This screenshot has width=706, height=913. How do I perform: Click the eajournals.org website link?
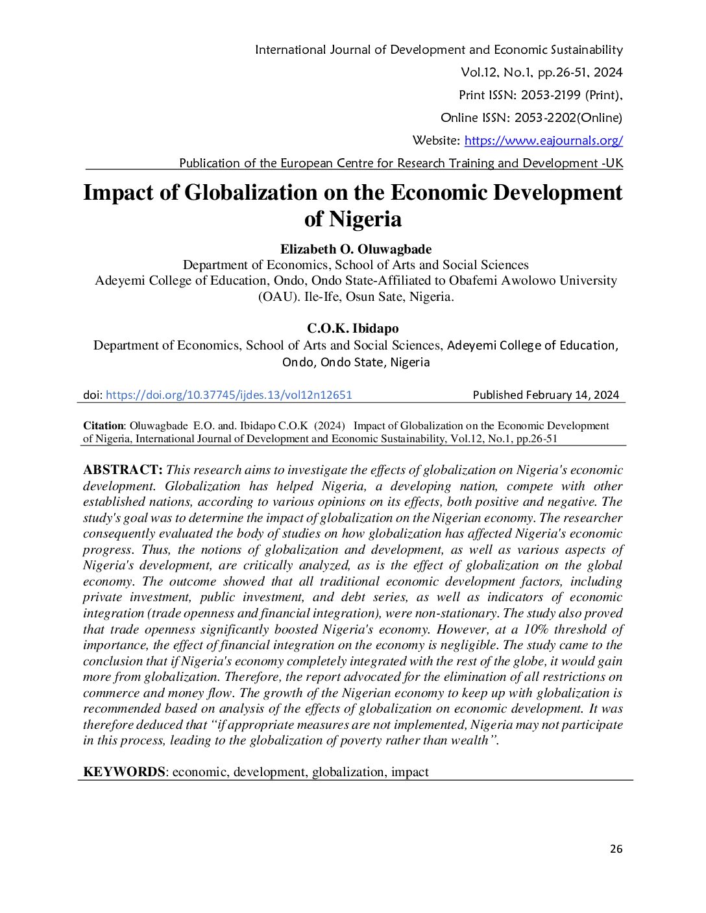pyautogui.click(x=543, y=141)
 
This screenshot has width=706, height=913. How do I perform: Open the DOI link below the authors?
pyautogui.click(x=228, y=395)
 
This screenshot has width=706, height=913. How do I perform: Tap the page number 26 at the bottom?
pyautogui.click(x=616, y=849)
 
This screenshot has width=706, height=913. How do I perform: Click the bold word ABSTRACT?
pyautogui.click(x=123, y=470)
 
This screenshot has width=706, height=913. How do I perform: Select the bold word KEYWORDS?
pyautogui.click(x=124, y=772)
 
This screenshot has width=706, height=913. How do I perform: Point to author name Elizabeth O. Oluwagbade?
pyautogui.click(x=356, y=250)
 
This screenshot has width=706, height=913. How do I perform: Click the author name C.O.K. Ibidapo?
pyautogui.click(x=353, y=329)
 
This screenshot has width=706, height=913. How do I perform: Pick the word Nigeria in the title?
pyautogui.click(x=365, y=219)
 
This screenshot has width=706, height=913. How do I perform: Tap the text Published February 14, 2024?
pyautogui.click(x=546, y=395)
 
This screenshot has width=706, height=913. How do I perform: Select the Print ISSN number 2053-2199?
pyautogui.click(x=550, y=95)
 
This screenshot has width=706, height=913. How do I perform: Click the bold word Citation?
pyautogui.click(x=103, y=426)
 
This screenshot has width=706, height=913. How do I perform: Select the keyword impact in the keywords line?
pyautogui.click(x=409, y=772)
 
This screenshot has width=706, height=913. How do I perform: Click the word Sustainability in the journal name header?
pyautogui.click(x=587, y=50)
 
